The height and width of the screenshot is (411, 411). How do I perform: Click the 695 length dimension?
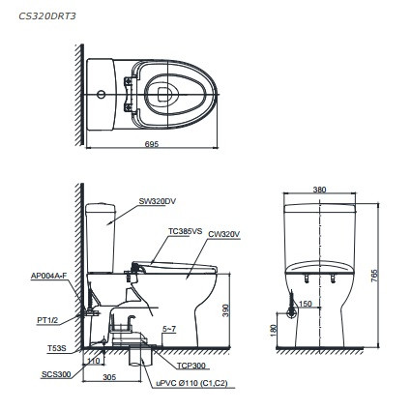(x=152, y=144)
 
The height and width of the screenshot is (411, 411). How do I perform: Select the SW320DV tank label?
(x=157, y=201)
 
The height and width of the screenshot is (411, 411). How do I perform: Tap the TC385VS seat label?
(x=186, y=231)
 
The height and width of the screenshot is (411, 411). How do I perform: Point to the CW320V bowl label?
(x=224, y=233)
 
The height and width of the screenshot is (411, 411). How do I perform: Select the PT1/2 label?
(x=46, y=318)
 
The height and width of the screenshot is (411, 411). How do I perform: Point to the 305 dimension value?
(x=109, y=379)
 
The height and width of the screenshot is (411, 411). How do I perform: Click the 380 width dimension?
(x=320, y=190)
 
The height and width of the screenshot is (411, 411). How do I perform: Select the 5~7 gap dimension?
(x=168, y=329)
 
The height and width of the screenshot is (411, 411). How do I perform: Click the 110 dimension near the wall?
(x=92, y=360)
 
